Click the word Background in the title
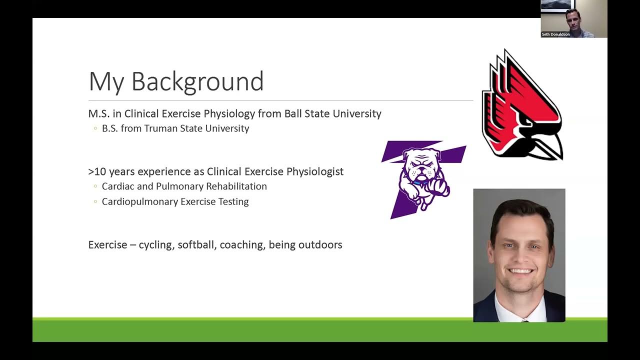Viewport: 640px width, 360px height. pyautogui.click(x=197, y=81)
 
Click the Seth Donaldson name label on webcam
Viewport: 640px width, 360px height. pyautogui.click(x=555, y=34)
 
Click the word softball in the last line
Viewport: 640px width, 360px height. pyautogui.click(x=195, y=245)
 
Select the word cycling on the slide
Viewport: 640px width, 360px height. pyautogui.click(x=156, y=245)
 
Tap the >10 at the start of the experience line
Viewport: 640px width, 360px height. pyautogui.click(x=97, y=171)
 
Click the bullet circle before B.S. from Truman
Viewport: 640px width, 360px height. pyautogui.click(x=95, y=129)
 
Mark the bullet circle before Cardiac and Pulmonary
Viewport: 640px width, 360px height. pyautogui.click(x=95, y=186)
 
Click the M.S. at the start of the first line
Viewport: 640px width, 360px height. pyautogui.click(x=98, y=113)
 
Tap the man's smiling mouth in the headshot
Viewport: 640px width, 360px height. pyautogui.click(x=520, y=271)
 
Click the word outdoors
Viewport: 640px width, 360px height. pyautogui.click(x=320, y=245)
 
